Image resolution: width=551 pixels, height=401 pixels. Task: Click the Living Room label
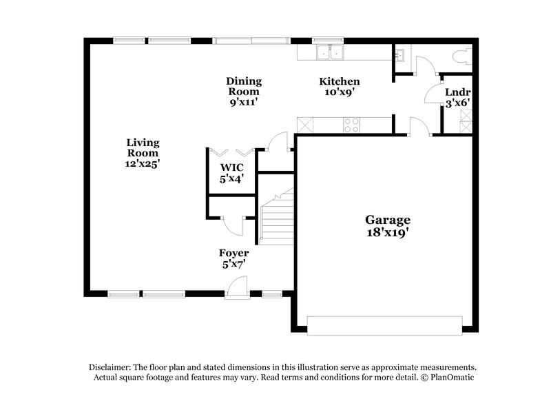point(143,143)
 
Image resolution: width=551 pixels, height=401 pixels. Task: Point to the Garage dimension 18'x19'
point(388,232)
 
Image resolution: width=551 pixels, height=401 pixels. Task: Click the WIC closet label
point(231,167)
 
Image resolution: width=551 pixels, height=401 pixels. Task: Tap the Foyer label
point(233,253)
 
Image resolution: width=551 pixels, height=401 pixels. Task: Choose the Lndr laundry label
point(457,92)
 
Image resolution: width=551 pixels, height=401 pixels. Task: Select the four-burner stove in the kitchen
point(351,125)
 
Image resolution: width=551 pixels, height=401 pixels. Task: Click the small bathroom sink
point(400,54)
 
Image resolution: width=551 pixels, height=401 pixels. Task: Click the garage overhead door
point(384,325)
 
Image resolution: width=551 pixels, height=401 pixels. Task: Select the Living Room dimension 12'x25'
point(143,164)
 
